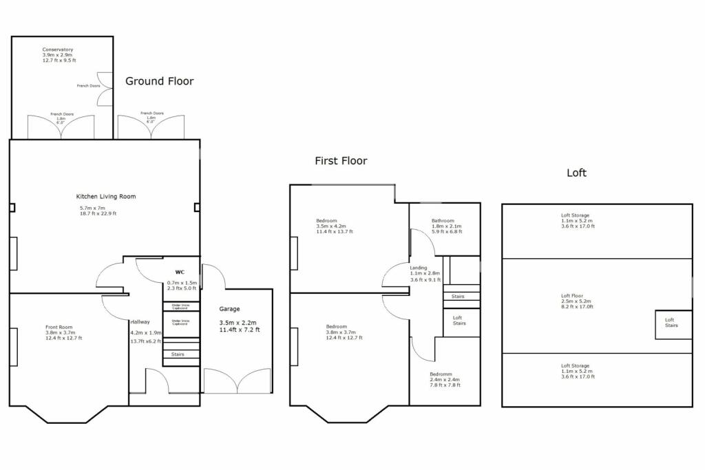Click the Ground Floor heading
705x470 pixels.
[159, 81]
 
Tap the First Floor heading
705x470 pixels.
[341, 161]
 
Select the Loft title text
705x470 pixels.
[576, 173]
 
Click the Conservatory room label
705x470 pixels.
[58, 50]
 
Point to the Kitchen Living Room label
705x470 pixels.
[106, 197]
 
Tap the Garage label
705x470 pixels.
[229, 310]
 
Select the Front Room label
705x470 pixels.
[59, 328]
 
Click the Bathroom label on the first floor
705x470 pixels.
[443, 221]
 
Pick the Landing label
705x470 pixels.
[419, 268]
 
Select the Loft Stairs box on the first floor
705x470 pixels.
[459, 321]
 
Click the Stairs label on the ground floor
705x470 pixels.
[178, 354]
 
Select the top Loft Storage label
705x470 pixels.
[575, 215]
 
